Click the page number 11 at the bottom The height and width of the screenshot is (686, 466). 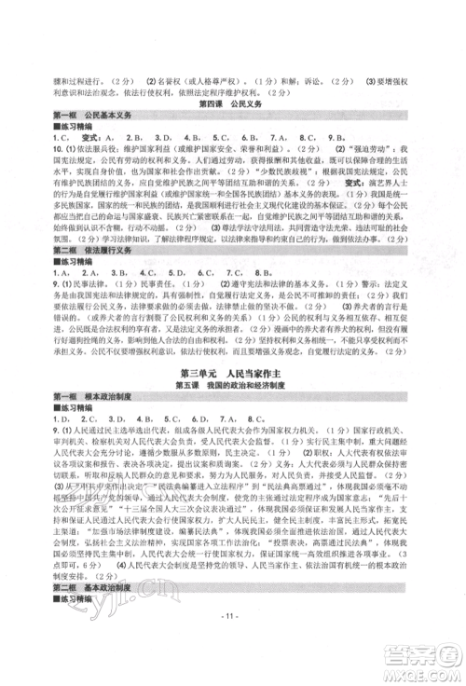pyautogui.click(x=232, y=644)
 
